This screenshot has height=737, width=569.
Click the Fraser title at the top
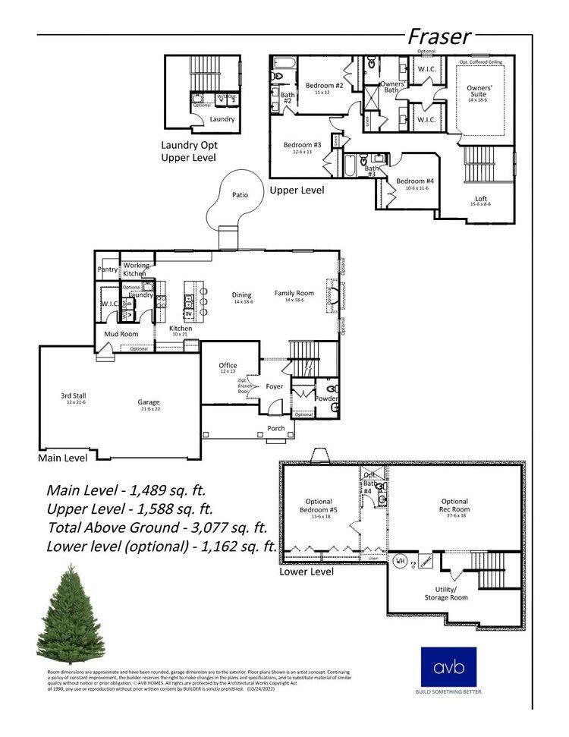pos(439,36)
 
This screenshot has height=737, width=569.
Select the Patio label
pos(240,195)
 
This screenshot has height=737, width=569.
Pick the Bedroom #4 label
pos(414,182)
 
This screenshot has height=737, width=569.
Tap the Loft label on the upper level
pos(482,200)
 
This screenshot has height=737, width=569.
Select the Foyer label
pos(274,386)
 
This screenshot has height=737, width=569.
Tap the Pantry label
pos(107,269)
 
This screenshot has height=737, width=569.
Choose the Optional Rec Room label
pos(455,506)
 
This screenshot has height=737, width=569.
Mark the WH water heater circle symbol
pos(399,562)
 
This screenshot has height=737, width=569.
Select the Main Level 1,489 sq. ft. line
pos(126,490)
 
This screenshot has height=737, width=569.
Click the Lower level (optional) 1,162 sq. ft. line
pos(160,546)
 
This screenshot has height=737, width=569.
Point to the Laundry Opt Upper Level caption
pos(188,151)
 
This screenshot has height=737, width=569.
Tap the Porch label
pos(276,428)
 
